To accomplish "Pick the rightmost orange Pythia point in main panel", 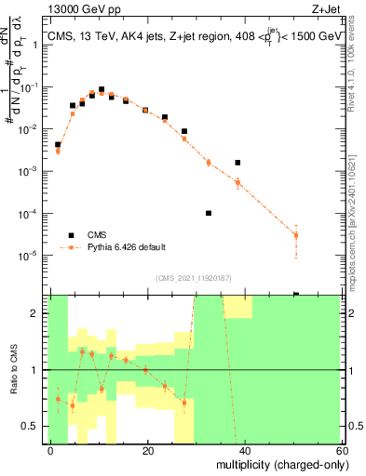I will click(x=296, y=235).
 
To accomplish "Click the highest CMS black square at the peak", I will click(x=102, y=89).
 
